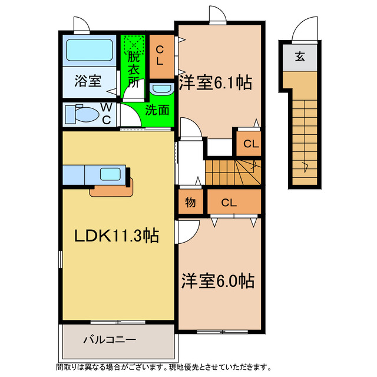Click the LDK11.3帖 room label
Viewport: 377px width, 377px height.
[115, 236]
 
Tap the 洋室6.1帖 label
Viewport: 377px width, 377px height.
[215, 83]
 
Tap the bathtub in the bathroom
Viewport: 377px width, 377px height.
[88, 51]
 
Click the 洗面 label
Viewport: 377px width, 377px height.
[158, 110]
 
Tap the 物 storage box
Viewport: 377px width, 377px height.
[190, 203]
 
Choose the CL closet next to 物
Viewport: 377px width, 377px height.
[230, 203]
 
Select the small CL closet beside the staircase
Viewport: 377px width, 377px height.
[250, 143]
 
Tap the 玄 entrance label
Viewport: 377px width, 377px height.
[300, 57]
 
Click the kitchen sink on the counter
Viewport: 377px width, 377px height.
[111, 174]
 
